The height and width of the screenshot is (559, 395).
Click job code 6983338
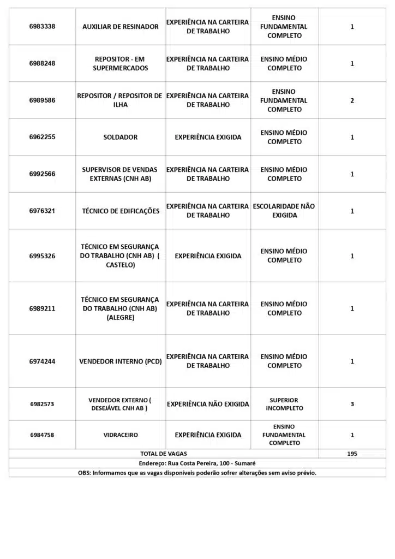coord(42,27)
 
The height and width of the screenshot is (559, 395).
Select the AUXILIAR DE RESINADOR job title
coord(121,27)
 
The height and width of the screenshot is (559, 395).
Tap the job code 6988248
coord(42,63)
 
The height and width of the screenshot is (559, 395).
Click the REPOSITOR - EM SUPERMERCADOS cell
coord(121,63)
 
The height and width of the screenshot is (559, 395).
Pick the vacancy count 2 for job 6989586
coord(352,100)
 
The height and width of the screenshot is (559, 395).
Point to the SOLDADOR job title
coord(121,137)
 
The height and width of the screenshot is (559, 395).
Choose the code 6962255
coord(42,137)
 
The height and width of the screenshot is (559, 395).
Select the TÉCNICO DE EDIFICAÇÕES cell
coord(121,211)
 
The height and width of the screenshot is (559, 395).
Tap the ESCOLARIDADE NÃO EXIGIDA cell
coord(284,211)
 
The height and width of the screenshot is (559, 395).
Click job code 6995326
coord(42,255)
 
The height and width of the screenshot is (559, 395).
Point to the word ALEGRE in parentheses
coord(121,317)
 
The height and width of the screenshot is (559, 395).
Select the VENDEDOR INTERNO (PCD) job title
coord(121,361)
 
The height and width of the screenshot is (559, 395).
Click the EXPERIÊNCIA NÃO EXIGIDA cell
coord(208,404)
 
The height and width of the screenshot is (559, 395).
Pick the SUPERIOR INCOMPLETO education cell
coord(284,404)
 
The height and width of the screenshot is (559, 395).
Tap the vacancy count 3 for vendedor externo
coord(352,404)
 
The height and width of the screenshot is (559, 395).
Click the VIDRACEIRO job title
coord(121,435)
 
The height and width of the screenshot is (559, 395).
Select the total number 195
coord(352,454)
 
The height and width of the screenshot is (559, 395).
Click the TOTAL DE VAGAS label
coord(164,454)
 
